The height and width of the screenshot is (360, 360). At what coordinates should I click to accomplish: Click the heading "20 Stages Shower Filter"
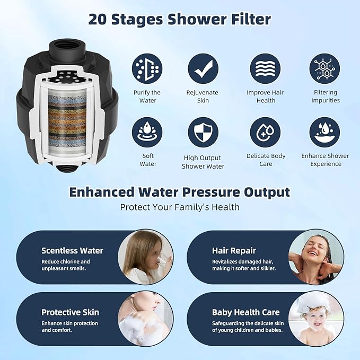[x=180, y=20]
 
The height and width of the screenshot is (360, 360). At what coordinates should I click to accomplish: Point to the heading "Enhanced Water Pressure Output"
[x=180, y=192]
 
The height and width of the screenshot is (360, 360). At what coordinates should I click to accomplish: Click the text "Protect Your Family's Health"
[x=180, y=207]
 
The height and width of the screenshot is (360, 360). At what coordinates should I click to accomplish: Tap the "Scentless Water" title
[x=72, y=251]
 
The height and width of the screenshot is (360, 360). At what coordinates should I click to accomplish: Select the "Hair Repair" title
[x=234, y=251]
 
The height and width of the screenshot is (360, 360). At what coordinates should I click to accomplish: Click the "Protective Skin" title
[x=70, y=312]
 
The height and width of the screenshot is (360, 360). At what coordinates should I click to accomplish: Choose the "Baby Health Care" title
[x=245, y=312]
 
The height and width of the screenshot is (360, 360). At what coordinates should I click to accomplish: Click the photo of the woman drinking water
[x=145, y=257]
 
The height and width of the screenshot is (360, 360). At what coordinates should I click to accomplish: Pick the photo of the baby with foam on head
[x=316, y=319]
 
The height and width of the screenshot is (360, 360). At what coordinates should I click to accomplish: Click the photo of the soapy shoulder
[x=145, y=319]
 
